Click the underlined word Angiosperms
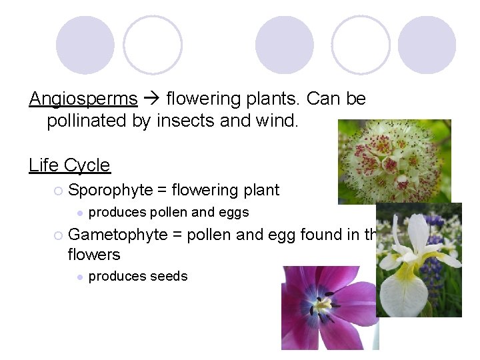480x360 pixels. pos(83,99)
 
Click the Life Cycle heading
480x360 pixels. pos(69,165)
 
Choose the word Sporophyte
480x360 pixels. pos(111,191)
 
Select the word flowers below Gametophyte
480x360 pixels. pos(94,255)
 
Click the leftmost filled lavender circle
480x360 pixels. pos(85,45)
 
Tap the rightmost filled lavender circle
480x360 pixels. pos(427,45)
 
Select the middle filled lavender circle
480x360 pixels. pos(285,45)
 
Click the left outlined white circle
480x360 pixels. pos(153,45)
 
